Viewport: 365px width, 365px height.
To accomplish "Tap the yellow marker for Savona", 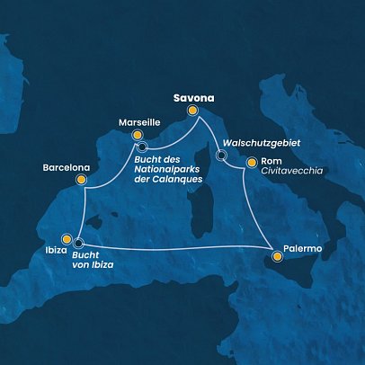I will tap(191, 111).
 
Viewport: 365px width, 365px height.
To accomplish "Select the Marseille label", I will tap(139, 120).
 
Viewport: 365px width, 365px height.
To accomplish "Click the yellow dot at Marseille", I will tap(138, 135).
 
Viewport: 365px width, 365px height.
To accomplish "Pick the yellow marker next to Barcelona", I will tap(81, 179).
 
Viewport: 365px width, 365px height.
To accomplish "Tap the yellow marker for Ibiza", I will tap(65, 242).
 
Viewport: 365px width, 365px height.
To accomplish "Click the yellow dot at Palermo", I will tap(278, 258).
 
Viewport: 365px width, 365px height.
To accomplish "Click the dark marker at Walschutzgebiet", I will tap(221, 156).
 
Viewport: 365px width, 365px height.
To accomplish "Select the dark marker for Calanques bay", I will tap(142, 147).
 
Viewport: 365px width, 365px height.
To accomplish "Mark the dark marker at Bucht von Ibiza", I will tap(78, 242).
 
